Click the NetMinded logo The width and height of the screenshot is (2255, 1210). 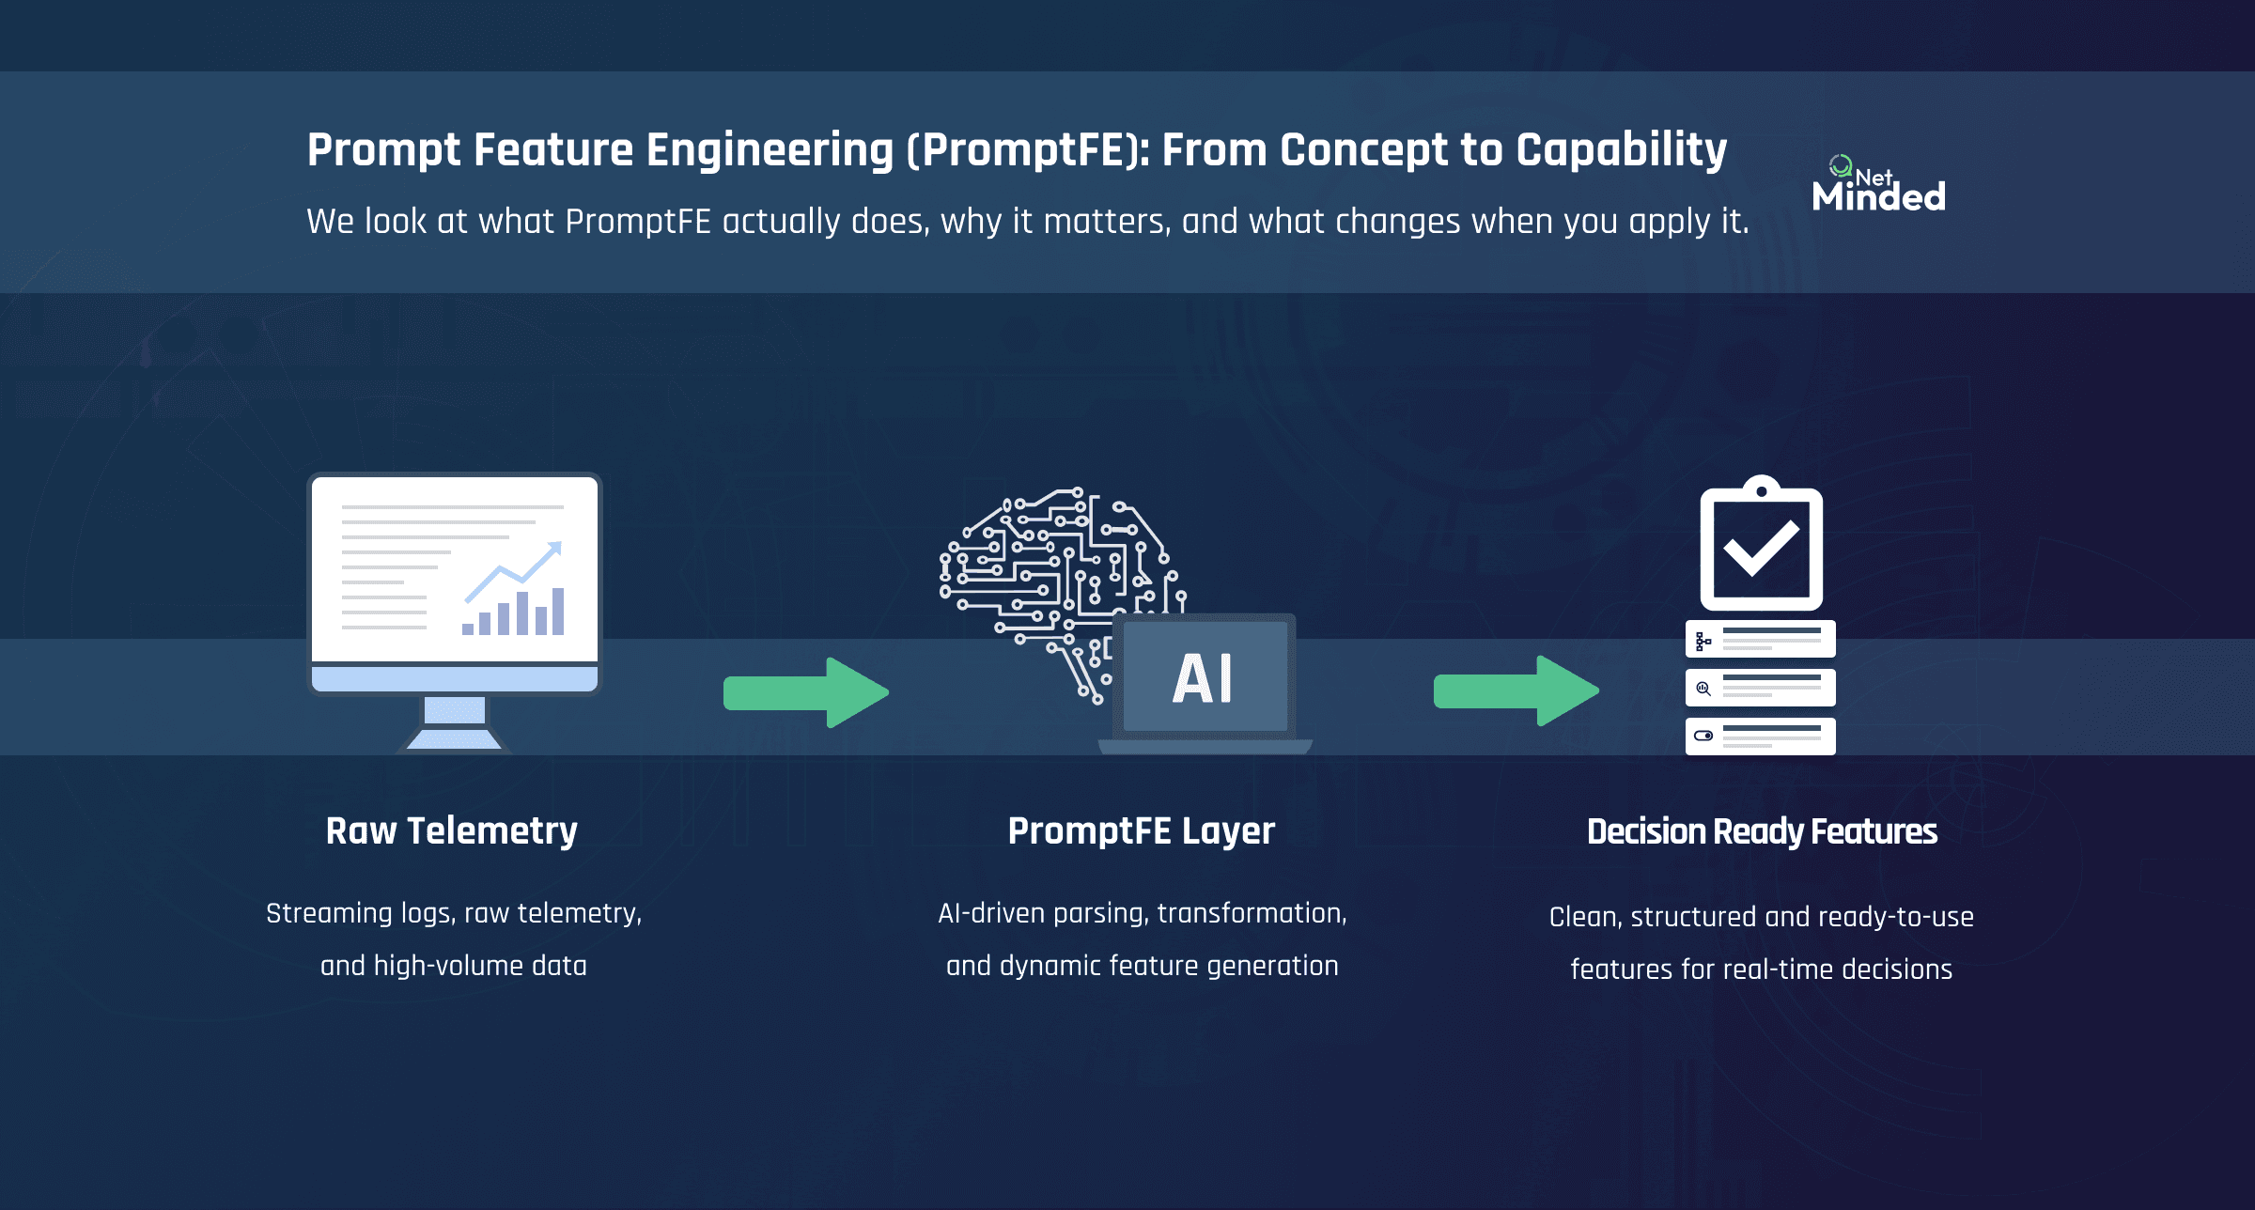click(1877, 186)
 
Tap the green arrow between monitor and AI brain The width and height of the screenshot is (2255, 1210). click(805, 692)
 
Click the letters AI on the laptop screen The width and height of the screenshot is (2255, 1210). click(1203, 679)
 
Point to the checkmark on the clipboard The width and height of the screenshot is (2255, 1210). click(1761, 549)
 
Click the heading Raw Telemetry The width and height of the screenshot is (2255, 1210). click(451, 831)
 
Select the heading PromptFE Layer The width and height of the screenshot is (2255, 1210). click(1141, 831)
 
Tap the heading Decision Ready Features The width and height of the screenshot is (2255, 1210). click(1762, 832)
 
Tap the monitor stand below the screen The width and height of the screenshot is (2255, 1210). click(455, 723)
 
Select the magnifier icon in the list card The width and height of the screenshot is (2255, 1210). click(1703, 689)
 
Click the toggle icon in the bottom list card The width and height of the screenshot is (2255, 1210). click(1703, 736)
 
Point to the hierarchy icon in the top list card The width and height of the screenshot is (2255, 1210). click(1703, 642)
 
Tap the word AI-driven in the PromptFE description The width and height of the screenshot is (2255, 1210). click(991, 913)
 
